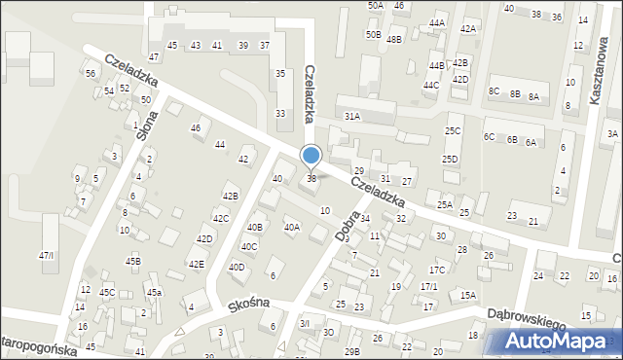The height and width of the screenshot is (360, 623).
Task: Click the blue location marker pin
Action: (311, 157)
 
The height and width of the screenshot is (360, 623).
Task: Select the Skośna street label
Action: (248, 302)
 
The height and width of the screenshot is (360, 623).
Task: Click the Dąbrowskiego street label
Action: (531, 312)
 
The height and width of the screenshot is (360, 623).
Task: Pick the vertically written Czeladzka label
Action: (311, 93)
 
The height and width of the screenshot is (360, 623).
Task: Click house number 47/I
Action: (47, 255)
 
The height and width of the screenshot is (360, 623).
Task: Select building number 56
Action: (91, 74)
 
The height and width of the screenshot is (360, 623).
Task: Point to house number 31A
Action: (351, 116)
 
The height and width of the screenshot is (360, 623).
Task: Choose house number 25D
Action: (449, 159)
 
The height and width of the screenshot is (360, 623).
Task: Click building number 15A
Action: (468, 295)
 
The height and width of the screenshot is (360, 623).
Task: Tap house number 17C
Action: (437, 270)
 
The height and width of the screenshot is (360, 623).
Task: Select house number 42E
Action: (196, 264)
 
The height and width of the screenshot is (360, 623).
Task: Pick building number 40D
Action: (236, 267)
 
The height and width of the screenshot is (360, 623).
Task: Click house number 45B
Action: (133, 261)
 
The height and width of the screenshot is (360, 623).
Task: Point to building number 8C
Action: (494, 91)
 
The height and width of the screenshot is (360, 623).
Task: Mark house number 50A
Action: (375, 5)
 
